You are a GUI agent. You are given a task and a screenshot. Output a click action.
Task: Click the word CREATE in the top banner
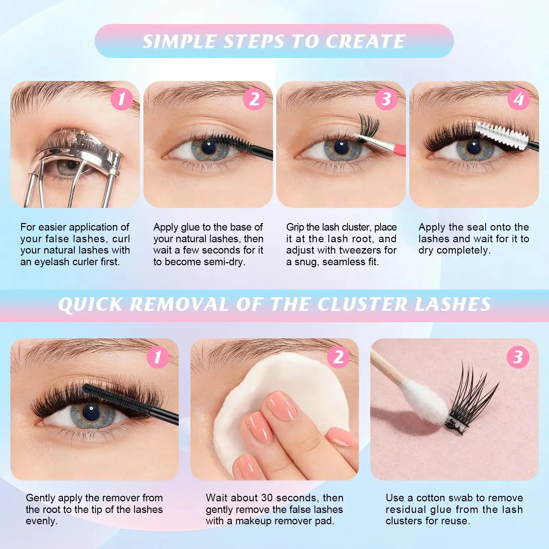pos(365,42)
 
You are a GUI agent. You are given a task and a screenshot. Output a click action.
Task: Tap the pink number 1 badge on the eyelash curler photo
pos(122,99)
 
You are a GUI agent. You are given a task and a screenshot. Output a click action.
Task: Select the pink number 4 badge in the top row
pos(518,99)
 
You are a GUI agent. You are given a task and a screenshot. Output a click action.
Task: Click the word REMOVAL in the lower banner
pos(179,304)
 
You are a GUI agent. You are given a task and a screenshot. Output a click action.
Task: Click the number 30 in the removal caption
pos(267,498)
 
